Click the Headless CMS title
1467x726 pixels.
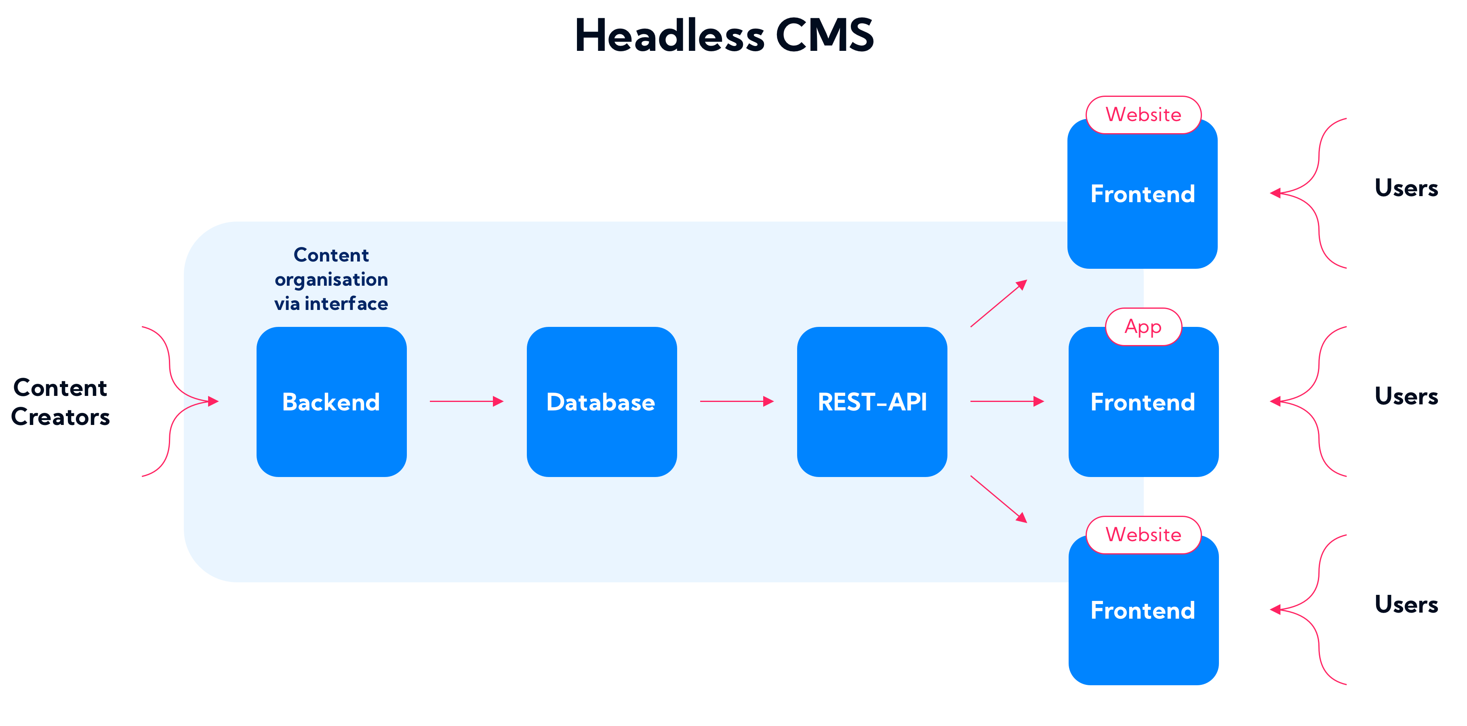(724, 35)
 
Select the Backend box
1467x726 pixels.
(331, 402)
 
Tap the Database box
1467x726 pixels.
(601, 402)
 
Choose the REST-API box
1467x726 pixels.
(872, 402)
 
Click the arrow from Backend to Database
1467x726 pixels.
(466, 402)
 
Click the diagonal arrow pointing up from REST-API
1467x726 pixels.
(999, 303)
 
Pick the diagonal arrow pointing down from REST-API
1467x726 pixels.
(999, 499)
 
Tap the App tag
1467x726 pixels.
(1143, 326)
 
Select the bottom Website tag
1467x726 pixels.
(1143, 535)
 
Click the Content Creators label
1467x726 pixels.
(60, 402)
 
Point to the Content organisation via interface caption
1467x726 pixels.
(331, 279)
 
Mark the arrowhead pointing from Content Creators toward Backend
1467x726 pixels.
(213, 402)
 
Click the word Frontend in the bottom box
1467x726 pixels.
(1143, 611)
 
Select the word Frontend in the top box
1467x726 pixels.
(1143, 194)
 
